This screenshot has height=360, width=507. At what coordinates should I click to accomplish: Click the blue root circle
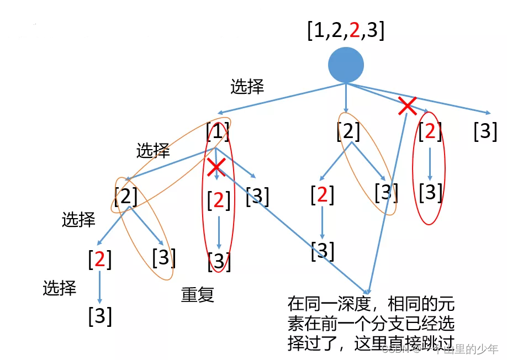click(x=346, y=65)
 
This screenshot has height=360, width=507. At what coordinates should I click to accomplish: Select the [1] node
click(x=218, y=132)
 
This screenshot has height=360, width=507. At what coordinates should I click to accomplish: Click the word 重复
click(x=198, y=295)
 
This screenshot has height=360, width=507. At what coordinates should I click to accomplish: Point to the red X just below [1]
click(x=216, y=166)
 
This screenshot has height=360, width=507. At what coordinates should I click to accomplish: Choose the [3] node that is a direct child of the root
click(x=485, y=131)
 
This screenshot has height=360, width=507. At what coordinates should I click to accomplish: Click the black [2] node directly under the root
click(x=348, y=131)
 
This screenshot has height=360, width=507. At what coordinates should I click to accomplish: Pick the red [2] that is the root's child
click(x=430, y=131)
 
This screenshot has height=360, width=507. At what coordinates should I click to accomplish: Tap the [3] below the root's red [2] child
click(x=431, y=192)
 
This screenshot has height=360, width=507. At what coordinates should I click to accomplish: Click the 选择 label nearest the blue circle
click(x=247, y=87)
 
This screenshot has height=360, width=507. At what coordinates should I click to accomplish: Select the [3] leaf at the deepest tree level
click(x=100, y=315)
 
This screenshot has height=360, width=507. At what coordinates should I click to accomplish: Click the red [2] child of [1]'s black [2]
click(x=100, y=259)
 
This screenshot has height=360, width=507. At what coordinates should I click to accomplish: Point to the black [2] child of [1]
click(x=126, y=195)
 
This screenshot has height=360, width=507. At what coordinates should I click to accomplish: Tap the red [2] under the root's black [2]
click(x=323, y=195)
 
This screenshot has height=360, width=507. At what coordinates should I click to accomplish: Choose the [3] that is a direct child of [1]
click(x=257, y=196)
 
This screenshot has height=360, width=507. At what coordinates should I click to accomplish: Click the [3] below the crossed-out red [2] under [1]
click(x=219, y=261)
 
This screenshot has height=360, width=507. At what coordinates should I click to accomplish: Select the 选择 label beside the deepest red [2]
click(x=60, y=288)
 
